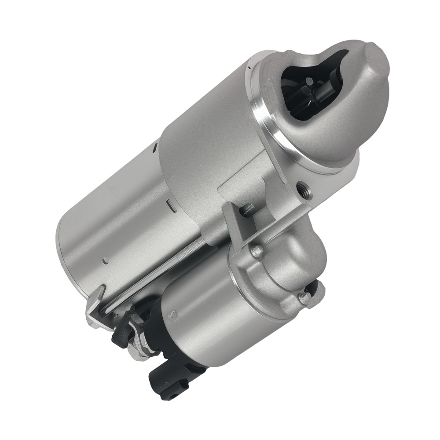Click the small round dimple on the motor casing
105,261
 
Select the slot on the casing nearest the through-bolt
169,204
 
